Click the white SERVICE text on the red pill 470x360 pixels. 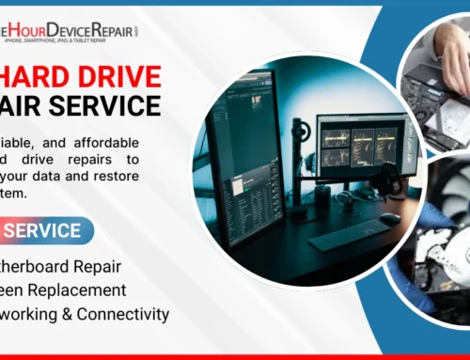(x=46, y=230)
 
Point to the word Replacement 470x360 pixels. (x=81, y=290)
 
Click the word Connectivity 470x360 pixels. (x=123, y=313)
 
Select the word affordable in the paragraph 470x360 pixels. (x=104, y=143)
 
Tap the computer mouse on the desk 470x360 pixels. (x=388, y=217)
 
